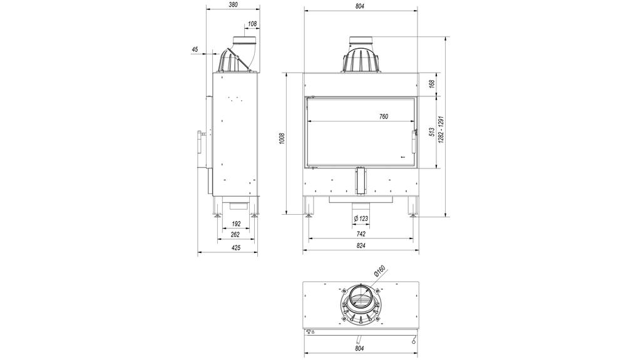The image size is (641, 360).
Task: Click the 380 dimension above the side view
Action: click(x=233, y=5)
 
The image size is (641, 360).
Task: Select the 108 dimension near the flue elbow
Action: click(x=252, y=24)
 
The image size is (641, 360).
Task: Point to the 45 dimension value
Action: click(x=195, y=49)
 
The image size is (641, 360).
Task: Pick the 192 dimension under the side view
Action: click(x=237, y=224)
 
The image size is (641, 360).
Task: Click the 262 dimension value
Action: click(x=235, y=235)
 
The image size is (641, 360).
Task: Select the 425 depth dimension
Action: click(x=236, y=247)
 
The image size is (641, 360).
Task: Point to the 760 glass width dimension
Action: click(x=384, y=116)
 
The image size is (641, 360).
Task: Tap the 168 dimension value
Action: click(x=432, y=84)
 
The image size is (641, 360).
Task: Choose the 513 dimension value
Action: click(x=432, y=132)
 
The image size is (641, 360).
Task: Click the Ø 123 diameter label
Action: click(x=361, y=218)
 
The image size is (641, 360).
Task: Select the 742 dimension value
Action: click(x=361, y=234)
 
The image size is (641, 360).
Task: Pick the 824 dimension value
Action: click(x=361, y=246)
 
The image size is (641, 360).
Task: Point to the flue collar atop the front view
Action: click(x=361, y=44)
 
